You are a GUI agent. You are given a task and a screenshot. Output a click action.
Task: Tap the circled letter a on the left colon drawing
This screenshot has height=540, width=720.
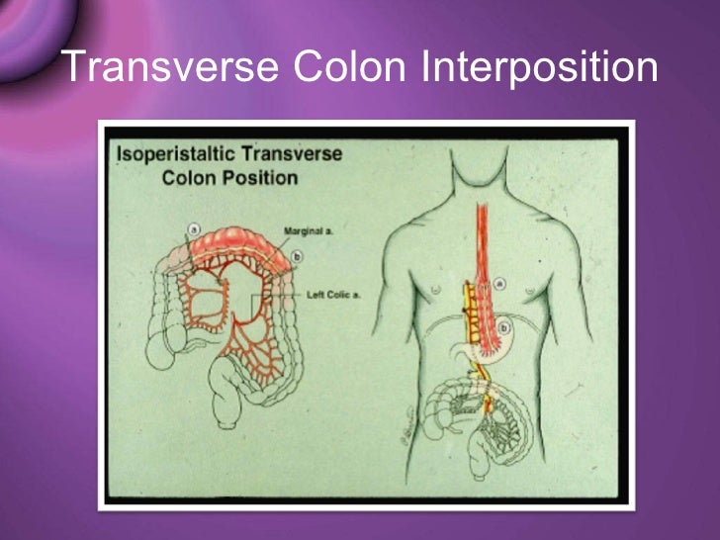[193, 228]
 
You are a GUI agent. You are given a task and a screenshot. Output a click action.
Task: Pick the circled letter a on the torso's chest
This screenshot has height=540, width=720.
[499, 284]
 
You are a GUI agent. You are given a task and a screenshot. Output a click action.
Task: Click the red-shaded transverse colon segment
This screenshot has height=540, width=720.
[242, 237]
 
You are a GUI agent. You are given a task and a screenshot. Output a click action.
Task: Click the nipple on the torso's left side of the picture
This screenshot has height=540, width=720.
[434, 291]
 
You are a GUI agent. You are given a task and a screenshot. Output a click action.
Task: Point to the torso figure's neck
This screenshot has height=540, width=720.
[482, 193]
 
